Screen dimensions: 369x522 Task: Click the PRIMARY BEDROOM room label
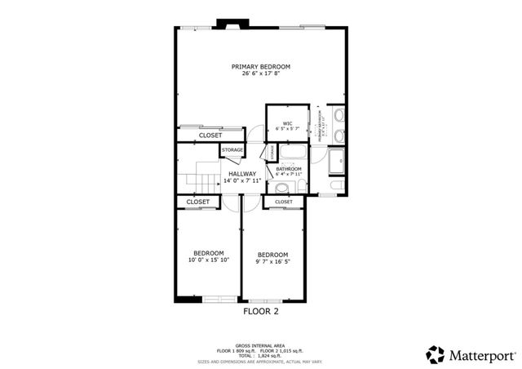point(260,67)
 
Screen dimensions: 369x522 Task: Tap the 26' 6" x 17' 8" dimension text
point(260,74)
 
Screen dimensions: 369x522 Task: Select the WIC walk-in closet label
point(287,123)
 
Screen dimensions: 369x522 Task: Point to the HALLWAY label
point(242,174)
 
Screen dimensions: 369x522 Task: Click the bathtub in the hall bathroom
point(290,153)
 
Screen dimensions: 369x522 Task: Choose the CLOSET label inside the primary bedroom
point(199,136)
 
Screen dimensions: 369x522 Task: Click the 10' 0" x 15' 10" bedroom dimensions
point(209,260)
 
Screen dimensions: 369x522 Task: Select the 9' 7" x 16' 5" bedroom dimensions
point(272,261)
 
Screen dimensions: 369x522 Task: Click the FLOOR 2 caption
point(261,311)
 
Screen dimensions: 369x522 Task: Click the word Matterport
point(481,354)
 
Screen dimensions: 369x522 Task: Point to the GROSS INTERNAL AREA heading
point(261,345)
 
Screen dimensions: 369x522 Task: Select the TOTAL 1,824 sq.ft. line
point(261,355)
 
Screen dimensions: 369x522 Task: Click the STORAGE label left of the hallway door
point(232,150)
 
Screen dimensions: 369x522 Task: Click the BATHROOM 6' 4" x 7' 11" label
point(289,171)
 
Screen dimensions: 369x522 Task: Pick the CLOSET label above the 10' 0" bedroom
point(197,202)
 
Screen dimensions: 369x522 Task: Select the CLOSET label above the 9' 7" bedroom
point(283,202)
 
